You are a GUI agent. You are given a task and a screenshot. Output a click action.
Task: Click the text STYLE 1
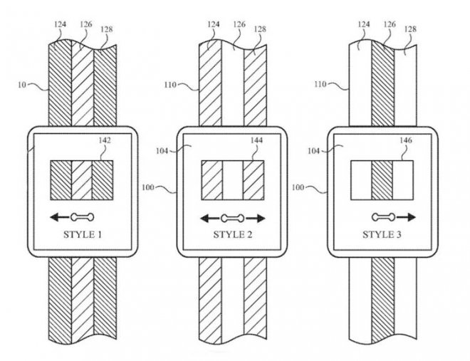pos(83,234)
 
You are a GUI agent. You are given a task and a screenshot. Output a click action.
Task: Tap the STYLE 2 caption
pos(233,234)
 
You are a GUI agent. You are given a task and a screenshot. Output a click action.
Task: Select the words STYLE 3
pos(382,234)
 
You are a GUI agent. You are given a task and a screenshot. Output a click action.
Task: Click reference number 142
pos(105,140)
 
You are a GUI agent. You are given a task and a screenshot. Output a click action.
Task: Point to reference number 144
pos(256,140)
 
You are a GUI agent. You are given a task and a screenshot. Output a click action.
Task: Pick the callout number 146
pos(406,140)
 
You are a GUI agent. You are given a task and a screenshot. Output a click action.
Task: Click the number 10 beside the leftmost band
pos(22,85)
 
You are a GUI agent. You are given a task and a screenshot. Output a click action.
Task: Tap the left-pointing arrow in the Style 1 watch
pos(60,217)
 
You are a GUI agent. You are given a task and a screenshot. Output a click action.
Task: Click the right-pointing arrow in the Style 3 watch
pos(406,217)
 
